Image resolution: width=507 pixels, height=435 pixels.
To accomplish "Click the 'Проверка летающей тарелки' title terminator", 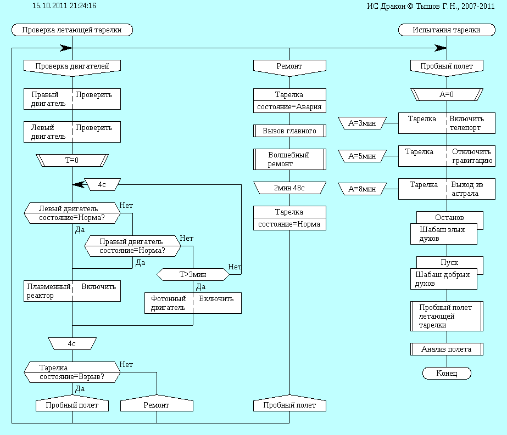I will click(72, 30).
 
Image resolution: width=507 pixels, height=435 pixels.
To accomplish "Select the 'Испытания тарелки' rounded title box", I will click(447, 30).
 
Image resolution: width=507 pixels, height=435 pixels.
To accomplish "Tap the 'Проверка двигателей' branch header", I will click(72, 66).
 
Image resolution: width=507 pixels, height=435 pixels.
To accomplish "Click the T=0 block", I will click(72, 161).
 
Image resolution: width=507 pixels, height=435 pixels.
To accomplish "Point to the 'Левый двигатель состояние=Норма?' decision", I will click(72, 213).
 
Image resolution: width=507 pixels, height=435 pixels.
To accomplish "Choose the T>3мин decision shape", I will click(193, 273).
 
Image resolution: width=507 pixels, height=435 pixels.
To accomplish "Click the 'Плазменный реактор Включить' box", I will click(72, 291).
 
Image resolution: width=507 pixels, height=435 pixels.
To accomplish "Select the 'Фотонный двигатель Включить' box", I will click(193, 303).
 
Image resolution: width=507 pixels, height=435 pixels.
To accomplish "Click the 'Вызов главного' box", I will click(289, 131).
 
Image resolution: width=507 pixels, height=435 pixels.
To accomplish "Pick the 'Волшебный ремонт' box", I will click(289, 159).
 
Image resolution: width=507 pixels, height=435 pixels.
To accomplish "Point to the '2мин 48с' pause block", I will click(289, 188).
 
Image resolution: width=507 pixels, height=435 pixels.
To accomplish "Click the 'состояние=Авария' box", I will click(289, 107).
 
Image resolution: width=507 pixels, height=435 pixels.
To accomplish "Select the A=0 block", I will click(447, 94).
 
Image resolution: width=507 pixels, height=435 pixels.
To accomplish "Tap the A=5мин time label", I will click(363, 156).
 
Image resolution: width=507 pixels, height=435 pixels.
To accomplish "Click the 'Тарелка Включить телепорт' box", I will click(447, 123).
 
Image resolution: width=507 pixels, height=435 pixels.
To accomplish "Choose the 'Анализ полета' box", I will click(447, 349).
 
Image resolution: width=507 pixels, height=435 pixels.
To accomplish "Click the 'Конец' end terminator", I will click(447, 373).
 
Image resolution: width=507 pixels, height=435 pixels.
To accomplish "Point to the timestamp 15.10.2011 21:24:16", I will click(64, 6).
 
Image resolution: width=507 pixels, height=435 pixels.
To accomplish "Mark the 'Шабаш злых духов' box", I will click(444, 234).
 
